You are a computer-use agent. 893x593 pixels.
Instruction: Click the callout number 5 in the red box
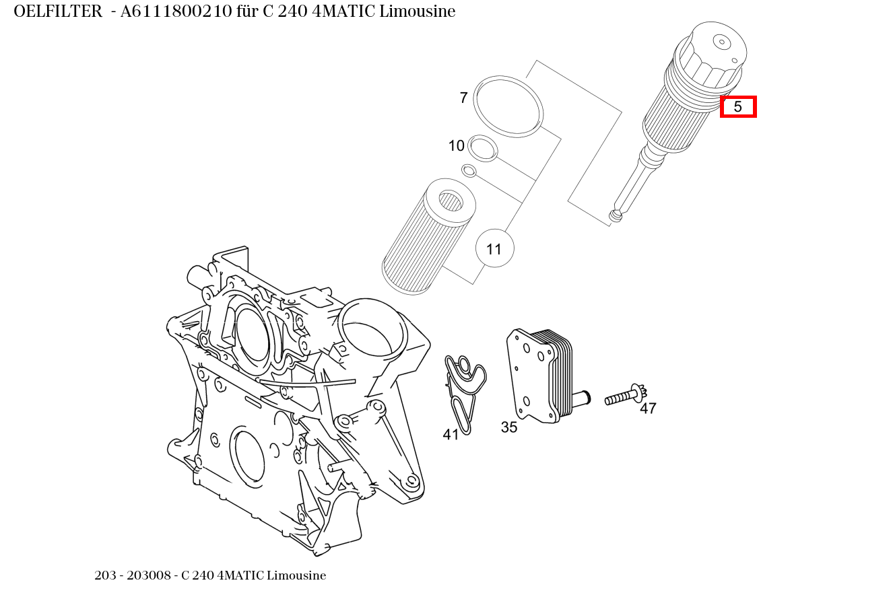[738, 107]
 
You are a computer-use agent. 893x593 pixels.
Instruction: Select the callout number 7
[463, 98]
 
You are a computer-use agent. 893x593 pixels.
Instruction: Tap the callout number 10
[457, 146]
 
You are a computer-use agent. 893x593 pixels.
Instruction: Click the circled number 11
[494, 249]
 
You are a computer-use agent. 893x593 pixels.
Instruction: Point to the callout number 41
[451, 435]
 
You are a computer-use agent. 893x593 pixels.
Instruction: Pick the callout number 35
[509, 427]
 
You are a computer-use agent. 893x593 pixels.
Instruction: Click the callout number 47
[648, 409]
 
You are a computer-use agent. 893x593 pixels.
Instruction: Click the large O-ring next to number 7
[508, 106]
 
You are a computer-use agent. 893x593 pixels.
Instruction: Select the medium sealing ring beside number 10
[483, 148]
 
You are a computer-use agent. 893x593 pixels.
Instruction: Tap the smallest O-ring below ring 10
[469, 170]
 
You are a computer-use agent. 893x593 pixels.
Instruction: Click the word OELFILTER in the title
[58, 11]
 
